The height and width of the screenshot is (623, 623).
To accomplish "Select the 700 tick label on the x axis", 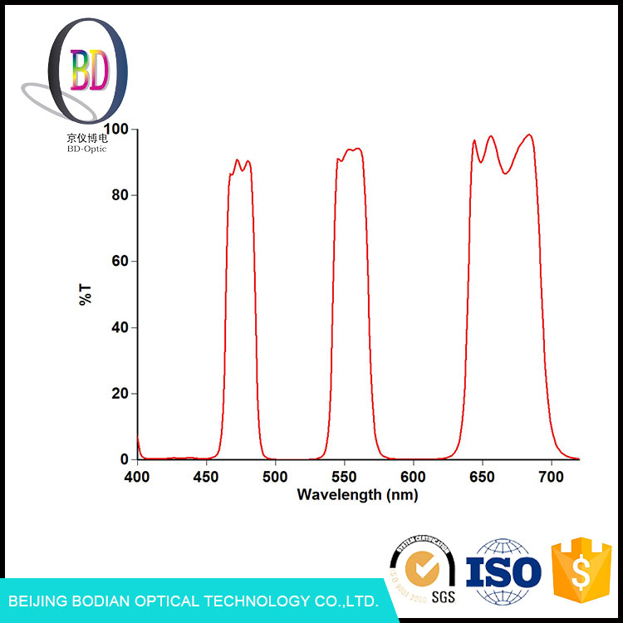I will (551, 476).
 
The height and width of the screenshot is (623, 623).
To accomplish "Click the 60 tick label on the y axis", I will (121, 262).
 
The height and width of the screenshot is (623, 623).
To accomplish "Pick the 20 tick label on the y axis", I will (121, 394).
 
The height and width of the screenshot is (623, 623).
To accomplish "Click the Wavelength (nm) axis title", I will (357, 495).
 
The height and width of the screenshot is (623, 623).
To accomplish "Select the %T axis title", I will (86, 294).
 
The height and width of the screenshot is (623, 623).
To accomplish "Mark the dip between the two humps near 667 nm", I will (506, 173).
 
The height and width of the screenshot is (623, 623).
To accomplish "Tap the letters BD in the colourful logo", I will (89, 71).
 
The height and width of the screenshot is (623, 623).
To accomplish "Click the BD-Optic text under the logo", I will (86, 149).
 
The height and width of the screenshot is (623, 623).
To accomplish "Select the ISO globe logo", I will (503, 570).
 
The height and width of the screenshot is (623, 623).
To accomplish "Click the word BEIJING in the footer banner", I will (40, 601).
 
